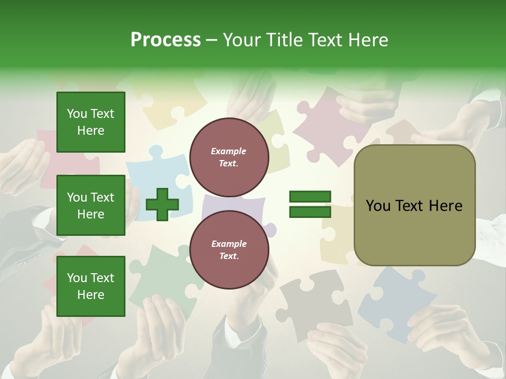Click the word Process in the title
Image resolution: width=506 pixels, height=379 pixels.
pyautogui.click(x=166, y=40)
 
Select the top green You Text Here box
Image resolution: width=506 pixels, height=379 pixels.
pyautogui.click(x=91, y=122)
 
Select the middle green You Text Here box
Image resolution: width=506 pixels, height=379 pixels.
pyautogui.click(x=91, y=205)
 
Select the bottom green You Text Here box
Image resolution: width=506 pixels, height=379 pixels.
pyautogui.click(x=91, y=286)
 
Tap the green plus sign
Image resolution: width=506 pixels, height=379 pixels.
pyautogui.click(x=162, y=204)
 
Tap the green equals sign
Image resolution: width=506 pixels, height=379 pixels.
pyautogui.click(x=310, y=204)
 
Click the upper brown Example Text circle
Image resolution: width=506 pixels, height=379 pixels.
pyautogui.click(x=229, y=157)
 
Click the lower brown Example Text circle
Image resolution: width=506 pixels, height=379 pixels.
pyautogui.click(x=229, y=250)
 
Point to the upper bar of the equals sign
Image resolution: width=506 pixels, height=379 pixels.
pyautogui.click(x=310, y=197)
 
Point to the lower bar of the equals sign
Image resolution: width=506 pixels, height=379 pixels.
pyautogui.click(x=310, y=212)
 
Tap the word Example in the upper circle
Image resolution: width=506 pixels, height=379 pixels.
pyautogui.click(x=229, y=151)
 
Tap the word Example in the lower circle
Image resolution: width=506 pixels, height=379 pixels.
pyautogui.click(x=229, y=244)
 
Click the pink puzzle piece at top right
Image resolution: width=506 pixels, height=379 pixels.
pyautogui.click(x=327, y=124)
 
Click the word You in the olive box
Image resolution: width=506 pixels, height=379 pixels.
pyautogui.click(x=378, y=206)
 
